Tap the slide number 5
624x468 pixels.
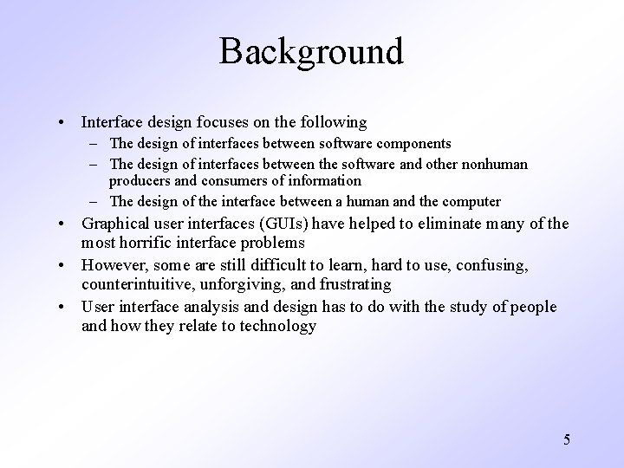tap(567, 439)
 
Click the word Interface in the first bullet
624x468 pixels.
tap(110, 123)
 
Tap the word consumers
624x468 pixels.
tap(237, 181)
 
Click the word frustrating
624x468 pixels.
tap(357, 284)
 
